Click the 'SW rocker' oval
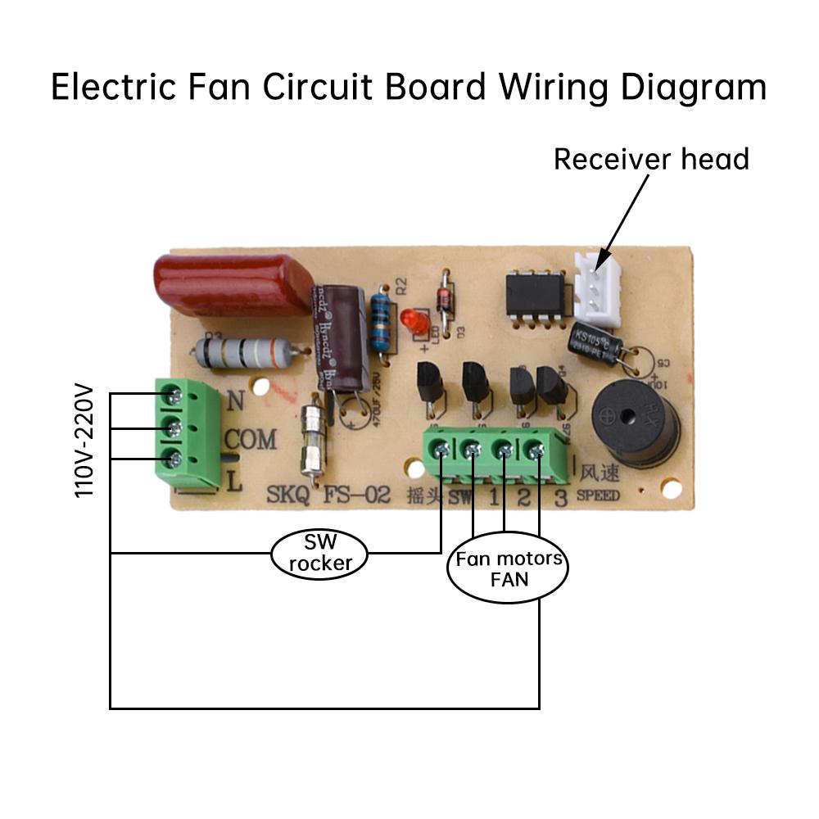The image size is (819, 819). (x=319, y=553)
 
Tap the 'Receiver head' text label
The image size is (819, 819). (x=651, y=159)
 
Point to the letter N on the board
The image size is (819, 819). (x=235, y=400)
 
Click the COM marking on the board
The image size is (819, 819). (x=250, y=441)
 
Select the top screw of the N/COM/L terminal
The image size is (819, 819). (x=174, y=396)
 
